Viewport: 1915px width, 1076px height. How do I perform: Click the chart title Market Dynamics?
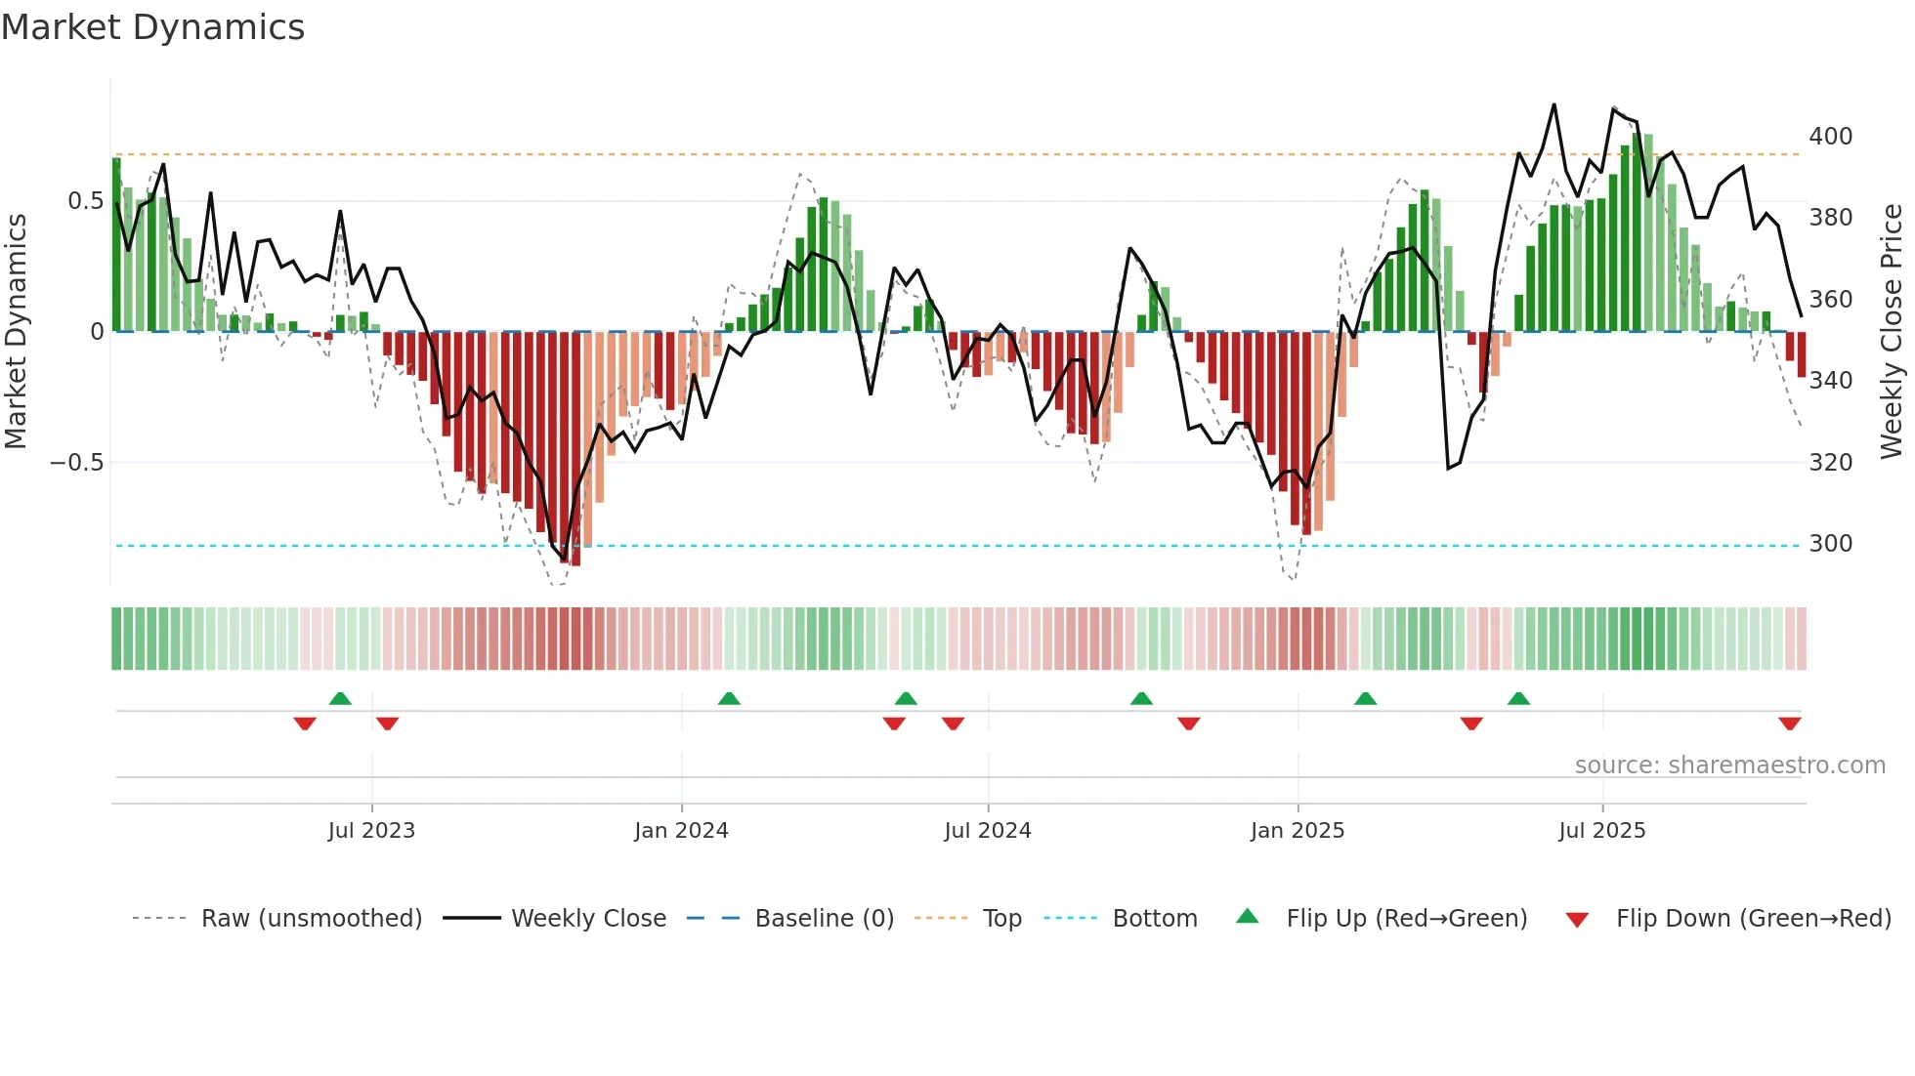(x=152, y=27)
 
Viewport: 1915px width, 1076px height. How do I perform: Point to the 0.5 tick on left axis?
(x=85, y=201)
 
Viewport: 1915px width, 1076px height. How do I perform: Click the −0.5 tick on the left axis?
(x=77, y=462)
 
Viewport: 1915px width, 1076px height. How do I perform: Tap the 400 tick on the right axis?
(x=1830, y=136)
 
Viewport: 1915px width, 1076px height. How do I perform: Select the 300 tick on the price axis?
(x=1830, y=543)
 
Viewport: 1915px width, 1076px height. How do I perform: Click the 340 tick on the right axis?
(x=1830, y=380)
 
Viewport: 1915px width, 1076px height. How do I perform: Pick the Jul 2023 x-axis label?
(x=371, y=830)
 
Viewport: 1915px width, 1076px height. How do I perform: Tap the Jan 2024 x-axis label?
(x=681, y=830)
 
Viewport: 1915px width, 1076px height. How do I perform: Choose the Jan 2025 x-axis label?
(x=1298, y=830)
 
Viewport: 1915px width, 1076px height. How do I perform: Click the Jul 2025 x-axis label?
(x=1602, y=830)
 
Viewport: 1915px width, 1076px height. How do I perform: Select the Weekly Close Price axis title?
(x=1892, y=331)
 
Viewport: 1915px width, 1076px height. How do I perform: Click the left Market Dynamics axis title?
(x=16, y=331)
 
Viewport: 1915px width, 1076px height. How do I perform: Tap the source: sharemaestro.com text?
(x=1729, y=765)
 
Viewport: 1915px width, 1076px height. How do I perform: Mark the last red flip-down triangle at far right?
(x=1790, y=724)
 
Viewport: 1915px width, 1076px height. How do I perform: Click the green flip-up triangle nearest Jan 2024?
(x=729, y=698)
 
